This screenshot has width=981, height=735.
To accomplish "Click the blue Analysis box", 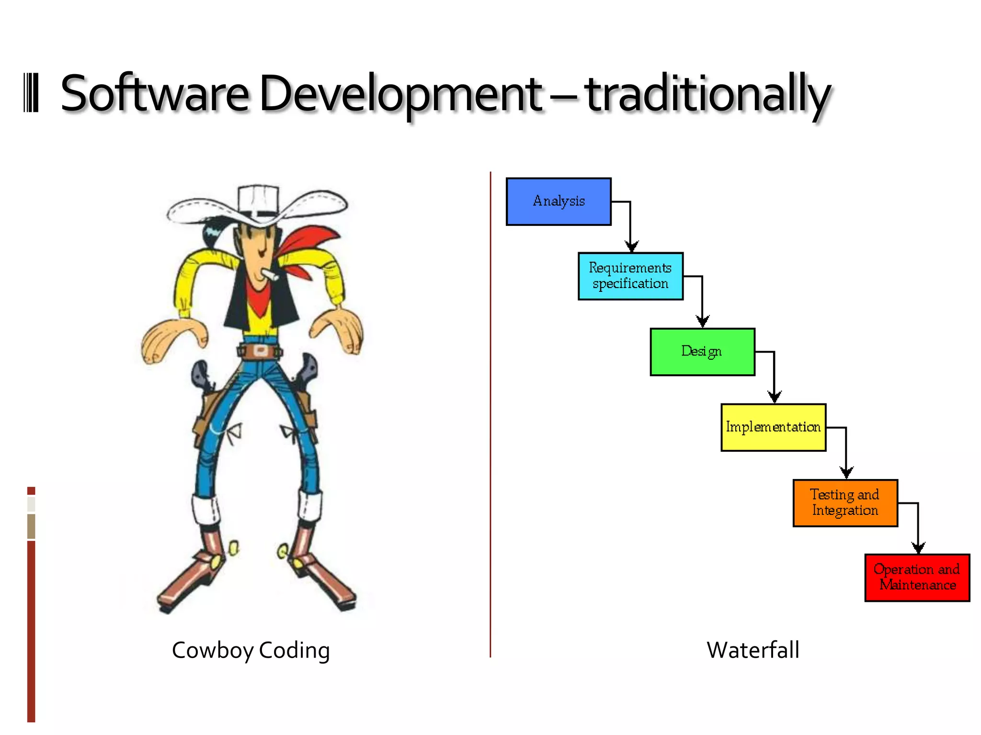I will click(559, 201).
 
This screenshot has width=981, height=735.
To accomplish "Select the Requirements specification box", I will click(630, 276).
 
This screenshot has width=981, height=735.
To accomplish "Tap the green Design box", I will click(702, 352).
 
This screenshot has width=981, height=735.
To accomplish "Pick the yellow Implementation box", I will click(773, 427).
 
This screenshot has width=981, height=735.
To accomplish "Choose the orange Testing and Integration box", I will click(845, 503).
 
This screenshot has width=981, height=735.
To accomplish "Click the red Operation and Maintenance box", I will click(917, 578).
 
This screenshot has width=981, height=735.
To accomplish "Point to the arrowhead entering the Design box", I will click(703, 322).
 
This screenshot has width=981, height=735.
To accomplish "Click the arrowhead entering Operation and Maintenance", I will click(918, 548).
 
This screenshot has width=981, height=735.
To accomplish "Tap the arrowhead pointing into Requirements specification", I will click(632, 246).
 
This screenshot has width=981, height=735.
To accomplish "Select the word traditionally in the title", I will click(707, 94).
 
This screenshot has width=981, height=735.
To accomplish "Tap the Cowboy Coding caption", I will click(251, 650).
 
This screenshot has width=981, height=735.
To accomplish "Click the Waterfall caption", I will click(753, 650).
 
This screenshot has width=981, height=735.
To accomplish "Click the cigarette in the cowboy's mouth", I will click(270, 275).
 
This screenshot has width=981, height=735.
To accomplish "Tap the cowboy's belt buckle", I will click(260, 351).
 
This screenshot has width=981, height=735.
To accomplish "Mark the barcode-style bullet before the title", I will click(31, 93).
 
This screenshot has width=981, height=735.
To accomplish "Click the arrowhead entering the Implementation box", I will click(775, 397).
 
